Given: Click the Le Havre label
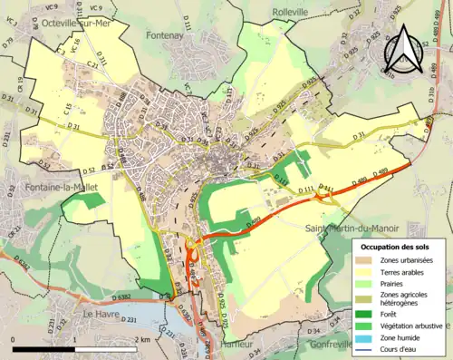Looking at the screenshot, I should click(101, 313).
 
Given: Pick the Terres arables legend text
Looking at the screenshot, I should click(404, 271).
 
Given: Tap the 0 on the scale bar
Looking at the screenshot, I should click(14, 340).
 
